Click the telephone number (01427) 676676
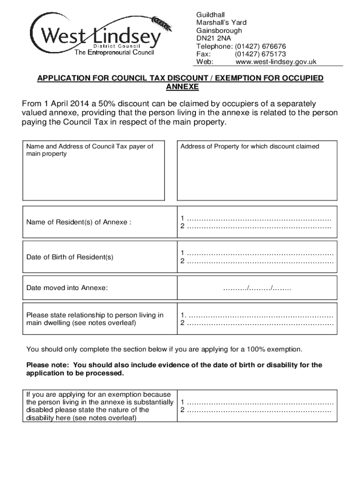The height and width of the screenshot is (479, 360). [x=260, y=46]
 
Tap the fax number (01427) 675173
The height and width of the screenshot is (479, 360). [x=260, y=54]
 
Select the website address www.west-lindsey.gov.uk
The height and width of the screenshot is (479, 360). [x=276, y=62]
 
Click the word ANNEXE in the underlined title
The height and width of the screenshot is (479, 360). [x=182, y=87]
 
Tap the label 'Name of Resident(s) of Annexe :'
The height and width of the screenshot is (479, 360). [x=79, y=222]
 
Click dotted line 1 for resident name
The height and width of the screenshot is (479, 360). [x=259, y=218]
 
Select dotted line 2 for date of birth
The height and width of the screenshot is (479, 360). [x=260, y=261]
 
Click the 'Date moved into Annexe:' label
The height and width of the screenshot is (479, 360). [x=67, y=288]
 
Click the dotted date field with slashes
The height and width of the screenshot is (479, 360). [x=257, y=288]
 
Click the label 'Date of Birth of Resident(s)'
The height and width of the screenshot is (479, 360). [x=70, y=257]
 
